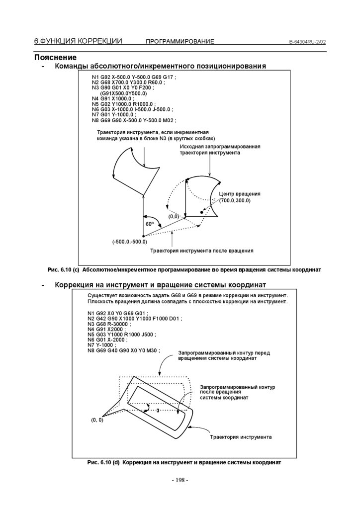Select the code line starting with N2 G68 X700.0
point(128,83)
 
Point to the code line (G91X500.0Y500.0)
point(123,93)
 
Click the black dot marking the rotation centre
point(202,212)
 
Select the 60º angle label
point(149,224)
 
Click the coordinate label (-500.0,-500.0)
point(129,242)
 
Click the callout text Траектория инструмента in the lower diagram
point(241,437)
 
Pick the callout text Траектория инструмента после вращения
point(202,251)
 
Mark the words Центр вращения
point(240,193)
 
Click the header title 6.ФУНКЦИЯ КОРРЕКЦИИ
point(78,41)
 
